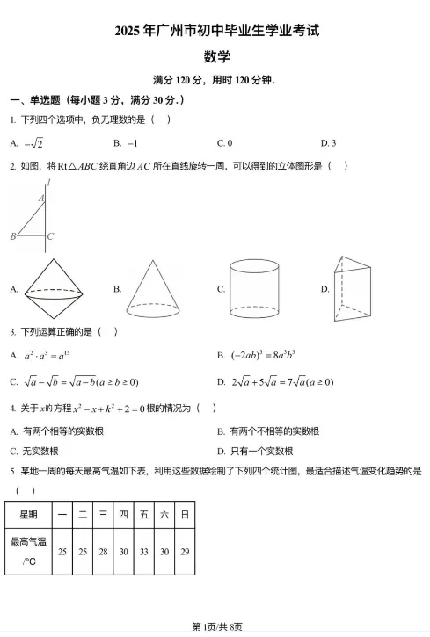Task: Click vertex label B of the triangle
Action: [13, 236]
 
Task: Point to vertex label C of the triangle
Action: [50, 236]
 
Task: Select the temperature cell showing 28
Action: [103, 552]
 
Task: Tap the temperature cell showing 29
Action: [184, 552]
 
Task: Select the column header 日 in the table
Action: [184, 513]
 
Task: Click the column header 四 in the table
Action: [123, 513]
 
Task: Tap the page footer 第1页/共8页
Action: [215, 626]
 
